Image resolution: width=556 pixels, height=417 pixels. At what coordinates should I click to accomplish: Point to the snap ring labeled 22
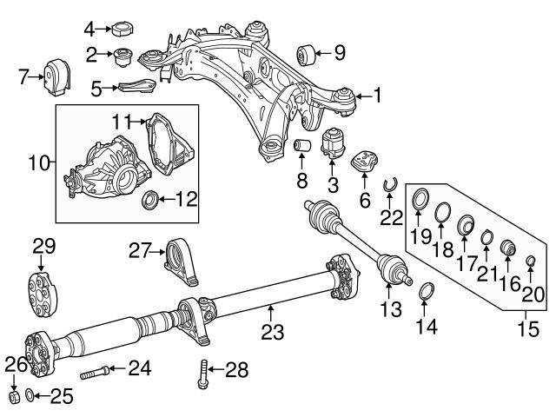tap(393, 182)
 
